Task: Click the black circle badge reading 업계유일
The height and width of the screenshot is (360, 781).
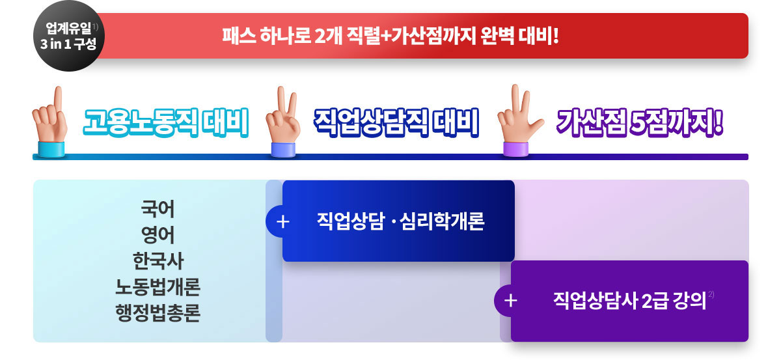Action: coord(69,36)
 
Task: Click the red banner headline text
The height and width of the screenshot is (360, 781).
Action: coord(390,36)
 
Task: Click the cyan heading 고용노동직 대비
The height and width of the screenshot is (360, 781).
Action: coord(166,122)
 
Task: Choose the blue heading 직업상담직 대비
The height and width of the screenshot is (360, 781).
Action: coord(396,122)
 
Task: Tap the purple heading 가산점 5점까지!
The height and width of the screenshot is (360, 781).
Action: coord(640,122)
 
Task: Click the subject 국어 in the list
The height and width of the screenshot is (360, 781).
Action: coord(158,209)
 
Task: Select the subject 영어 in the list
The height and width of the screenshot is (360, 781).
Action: coord(158,235)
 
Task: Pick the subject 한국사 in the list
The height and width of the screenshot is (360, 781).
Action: coord(158,260)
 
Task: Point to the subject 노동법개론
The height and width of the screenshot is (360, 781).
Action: coord(158,286)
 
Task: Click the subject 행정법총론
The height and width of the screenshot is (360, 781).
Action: coord(158,312)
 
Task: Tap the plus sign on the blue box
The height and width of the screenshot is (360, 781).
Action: coord(282,222)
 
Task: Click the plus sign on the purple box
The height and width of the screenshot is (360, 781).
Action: coord(511,301)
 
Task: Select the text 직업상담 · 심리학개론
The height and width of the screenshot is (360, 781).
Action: coord(401,221)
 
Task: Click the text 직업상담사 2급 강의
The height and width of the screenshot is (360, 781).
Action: coord(630,300)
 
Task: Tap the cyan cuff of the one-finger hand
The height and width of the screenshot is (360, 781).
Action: coord(51,149)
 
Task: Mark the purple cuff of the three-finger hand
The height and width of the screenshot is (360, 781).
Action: coord(516,149)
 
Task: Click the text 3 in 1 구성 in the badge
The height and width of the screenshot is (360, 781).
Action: coord(68,44)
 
